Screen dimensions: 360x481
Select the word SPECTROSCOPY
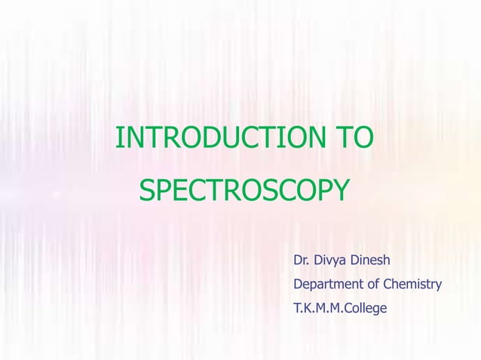(x=244, y=189)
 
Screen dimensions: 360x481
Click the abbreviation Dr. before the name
(x=301, y=262)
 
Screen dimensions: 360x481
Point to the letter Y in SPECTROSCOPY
(x=339, y=189)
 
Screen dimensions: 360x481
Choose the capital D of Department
(x=298, y=285)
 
